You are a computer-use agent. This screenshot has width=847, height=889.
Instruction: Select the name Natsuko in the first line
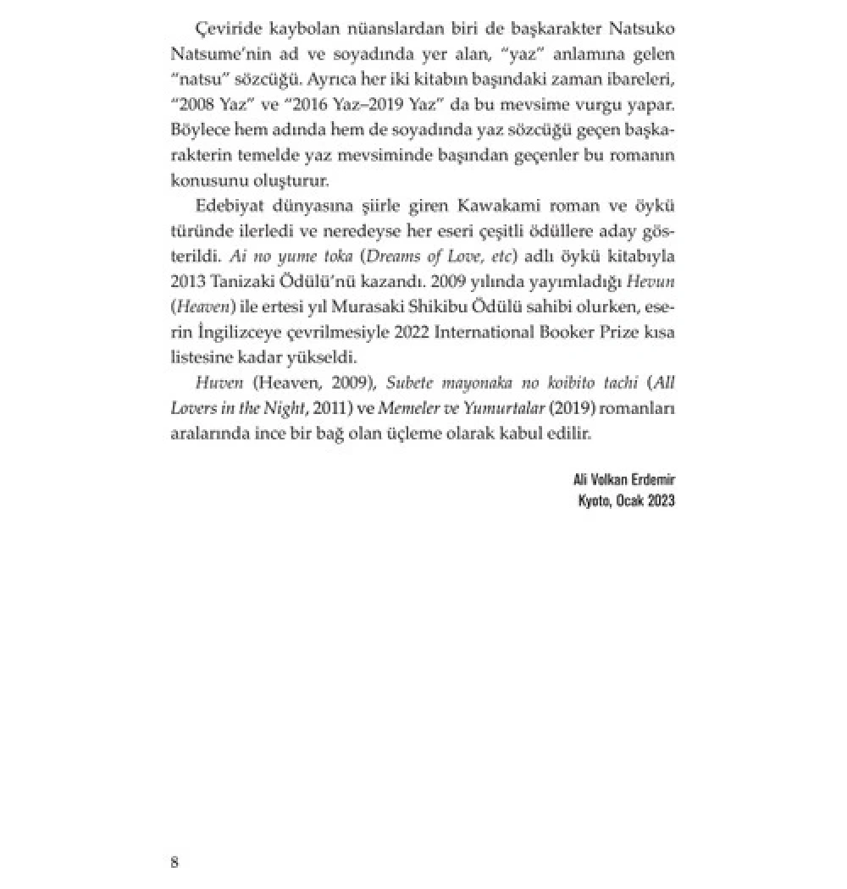click(643, 28)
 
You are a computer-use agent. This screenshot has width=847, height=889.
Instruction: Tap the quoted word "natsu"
click(198, 79)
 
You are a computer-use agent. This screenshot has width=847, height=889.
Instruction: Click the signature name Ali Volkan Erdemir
click(623, 480)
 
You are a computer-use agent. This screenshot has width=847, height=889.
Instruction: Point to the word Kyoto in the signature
click(595, 500)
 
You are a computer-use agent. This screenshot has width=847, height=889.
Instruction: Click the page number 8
click(175, 863)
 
